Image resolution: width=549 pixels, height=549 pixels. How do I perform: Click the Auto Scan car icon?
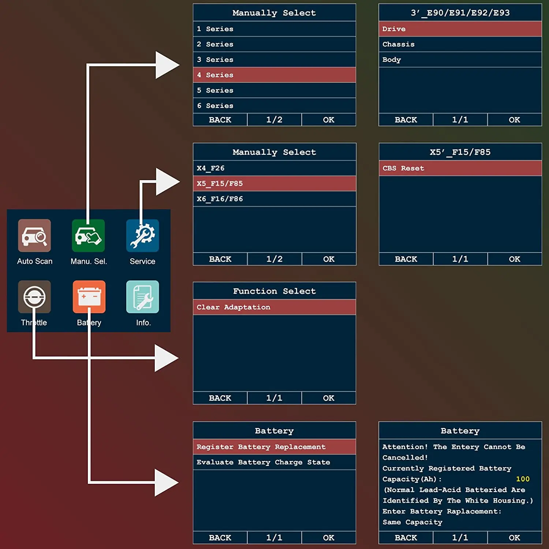click(x=34, y=235)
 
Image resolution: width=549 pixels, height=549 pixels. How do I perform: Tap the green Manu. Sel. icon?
click(x=88, y=236)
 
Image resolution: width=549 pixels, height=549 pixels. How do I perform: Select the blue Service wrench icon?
click(x=142, y=236)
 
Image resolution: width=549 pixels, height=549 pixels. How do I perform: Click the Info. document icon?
click(x=142, y=297)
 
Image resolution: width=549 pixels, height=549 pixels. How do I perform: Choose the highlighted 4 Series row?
click(x=274, y=75)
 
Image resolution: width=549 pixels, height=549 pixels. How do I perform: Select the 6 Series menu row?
click(x=274, y=106)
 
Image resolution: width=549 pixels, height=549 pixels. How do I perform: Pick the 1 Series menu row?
click(x=274, y=29)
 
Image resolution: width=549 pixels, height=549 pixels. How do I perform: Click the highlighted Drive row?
click(x=460, y=29)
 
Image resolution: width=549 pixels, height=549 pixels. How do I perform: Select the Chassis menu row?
click(x=460, y=44)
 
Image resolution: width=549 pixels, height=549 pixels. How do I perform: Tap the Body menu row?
click(x=460, y=60)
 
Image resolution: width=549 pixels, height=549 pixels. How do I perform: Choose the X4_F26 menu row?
click(x=274, y=168)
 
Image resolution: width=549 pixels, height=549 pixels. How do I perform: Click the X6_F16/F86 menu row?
click(x=274, y=199)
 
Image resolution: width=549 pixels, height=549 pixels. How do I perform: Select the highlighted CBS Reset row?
click(x=460, y=168)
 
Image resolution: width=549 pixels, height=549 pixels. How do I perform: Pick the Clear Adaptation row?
click(x=274, y=307)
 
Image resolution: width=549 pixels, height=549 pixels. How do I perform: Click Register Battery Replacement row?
click(x=274, y=447)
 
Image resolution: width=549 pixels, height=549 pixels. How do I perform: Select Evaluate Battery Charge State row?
click(x=274, y=462)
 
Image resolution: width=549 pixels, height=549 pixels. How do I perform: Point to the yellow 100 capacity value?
click(x=523, y=479)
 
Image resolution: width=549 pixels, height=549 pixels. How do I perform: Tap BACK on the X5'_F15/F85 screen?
click(x=406, y=259)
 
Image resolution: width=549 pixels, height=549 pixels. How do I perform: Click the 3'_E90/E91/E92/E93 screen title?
click(x=460, y=13)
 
